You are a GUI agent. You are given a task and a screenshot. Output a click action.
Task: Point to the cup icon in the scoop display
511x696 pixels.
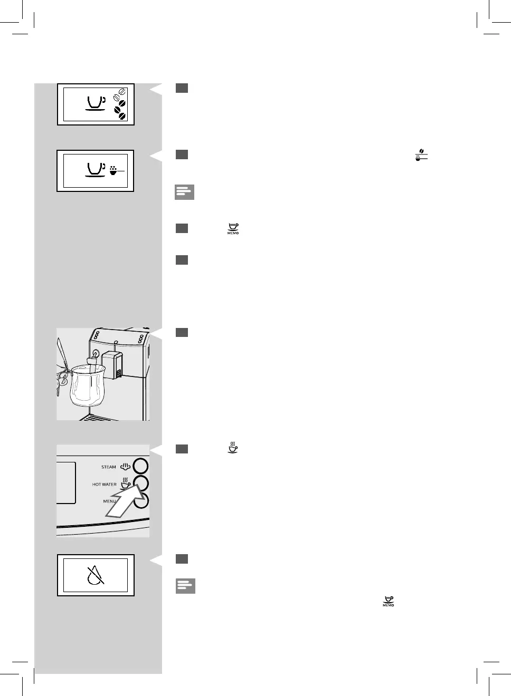pos(96,169)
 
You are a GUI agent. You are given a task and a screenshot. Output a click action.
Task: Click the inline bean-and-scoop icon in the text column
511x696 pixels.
pos(421,155)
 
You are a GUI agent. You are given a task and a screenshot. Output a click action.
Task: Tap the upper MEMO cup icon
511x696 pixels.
pos(233,229)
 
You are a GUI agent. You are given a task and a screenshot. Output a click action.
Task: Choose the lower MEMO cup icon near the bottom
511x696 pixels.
pos(389,602)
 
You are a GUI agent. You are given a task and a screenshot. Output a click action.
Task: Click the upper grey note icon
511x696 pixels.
pos(184,192)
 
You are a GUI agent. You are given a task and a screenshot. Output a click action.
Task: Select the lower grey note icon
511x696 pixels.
pos(185,586)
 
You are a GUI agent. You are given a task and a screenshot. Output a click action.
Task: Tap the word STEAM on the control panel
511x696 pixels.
pos(108,467)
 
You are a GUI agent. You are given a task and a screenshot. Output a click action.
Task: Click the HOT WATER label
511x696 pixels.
pos(104,484)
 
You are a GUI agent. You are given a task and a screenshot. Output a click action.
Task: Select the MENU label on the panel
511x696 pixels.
pos(109,501)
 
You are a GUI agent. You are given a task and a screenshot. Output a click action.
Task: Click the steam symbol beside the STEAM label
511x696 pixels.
pos(125,466)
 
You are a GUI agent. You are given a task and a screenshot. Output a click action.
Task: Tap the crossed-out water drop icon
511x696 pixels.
pos(96,575)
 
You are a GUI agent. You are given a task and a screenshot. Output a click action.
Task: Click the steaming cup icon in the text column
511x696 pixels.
pos(232,448)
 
